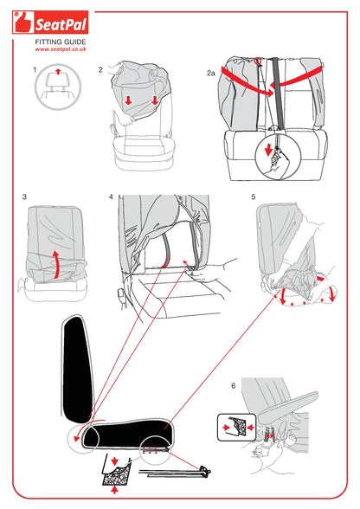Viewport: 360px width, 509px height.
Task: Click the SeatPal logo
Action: point(50,23)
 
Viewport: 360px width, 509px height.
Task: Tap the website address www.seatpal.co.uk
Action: point(61,49)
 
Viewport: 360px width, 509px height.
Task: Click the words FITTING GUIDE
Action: point(61,42)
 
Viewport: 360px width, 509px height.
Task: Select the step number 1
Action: point(35,70)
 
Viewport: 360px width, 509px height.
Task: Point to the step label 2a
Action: point(211,73)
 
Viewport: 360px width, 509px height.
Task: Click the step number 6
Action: point(234,386)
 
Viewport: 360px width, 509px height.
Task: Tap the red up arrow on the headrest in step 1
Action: point(58,71)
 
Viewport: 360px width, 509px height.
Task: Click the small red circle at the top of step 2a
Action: point(258,60)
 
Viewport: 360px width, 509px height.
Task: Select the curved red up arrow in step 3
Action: point(56,264)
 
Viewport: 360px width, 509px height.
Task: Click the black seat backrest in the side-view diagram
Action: point(77,369)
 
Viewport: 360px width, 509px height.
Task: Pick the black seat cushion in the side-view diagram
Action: point(129,433)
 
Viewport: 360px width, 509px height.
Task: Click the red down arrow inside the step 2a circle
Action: point(268,150)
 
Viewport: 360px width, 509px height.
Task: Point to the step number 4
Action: point(111,197)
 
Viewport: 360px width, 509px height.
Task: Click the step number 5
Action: point(254,197)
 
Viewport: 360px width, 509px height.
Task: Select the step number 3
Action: point(25,197)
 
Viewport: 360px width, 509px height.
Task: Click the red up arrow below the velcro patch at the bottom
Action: point(114,489)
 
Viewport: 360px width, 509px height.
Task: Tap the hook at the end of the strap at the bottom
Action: point(205,471)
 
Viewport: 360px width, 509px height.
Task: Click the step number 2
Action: point(100,70)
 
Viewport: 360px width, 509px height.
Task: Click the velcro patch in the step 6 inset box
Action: point(237,426)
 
